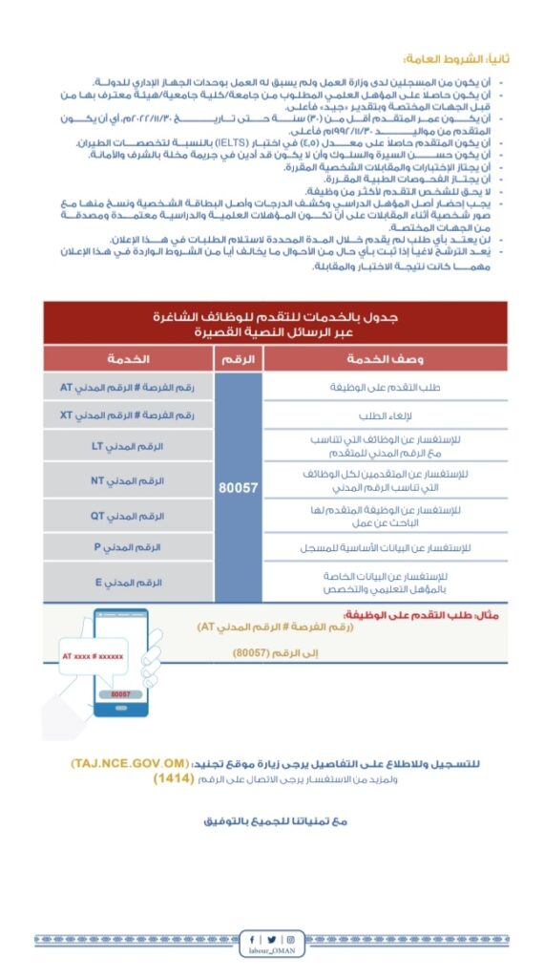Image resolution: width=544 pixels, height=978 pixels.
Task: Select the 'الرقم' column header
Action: [239, 358]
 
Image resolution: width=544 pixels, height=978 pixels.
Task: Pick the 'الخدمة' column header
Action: [128, 358]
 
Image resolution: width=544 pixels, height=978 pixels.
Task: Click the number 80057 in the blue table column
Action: [239, 486]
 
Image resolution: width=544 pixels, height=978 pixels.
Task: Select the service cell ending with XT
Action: [128, 415]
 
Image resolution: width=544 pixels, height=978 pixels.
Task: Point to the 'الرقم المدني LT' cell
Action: [128, 446]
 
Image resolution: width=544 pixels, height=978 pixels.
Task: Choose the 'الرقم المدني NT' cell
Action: [128, 480]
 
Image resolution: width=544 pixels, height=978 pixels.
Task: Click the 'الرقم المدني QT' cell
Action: [128, 516]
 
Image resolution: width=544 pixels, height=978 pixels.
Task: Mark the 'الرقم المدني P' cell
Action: [128, 547]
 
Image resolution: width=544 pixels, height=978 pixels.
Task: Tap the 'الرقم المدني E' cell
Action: [128, 582]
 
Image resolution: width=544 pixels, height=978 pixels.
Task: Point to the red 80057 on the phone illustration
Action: [119, 694]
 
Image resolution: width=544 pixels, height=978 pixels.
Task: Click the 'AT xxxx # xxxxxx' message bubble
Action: [94, 656]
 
